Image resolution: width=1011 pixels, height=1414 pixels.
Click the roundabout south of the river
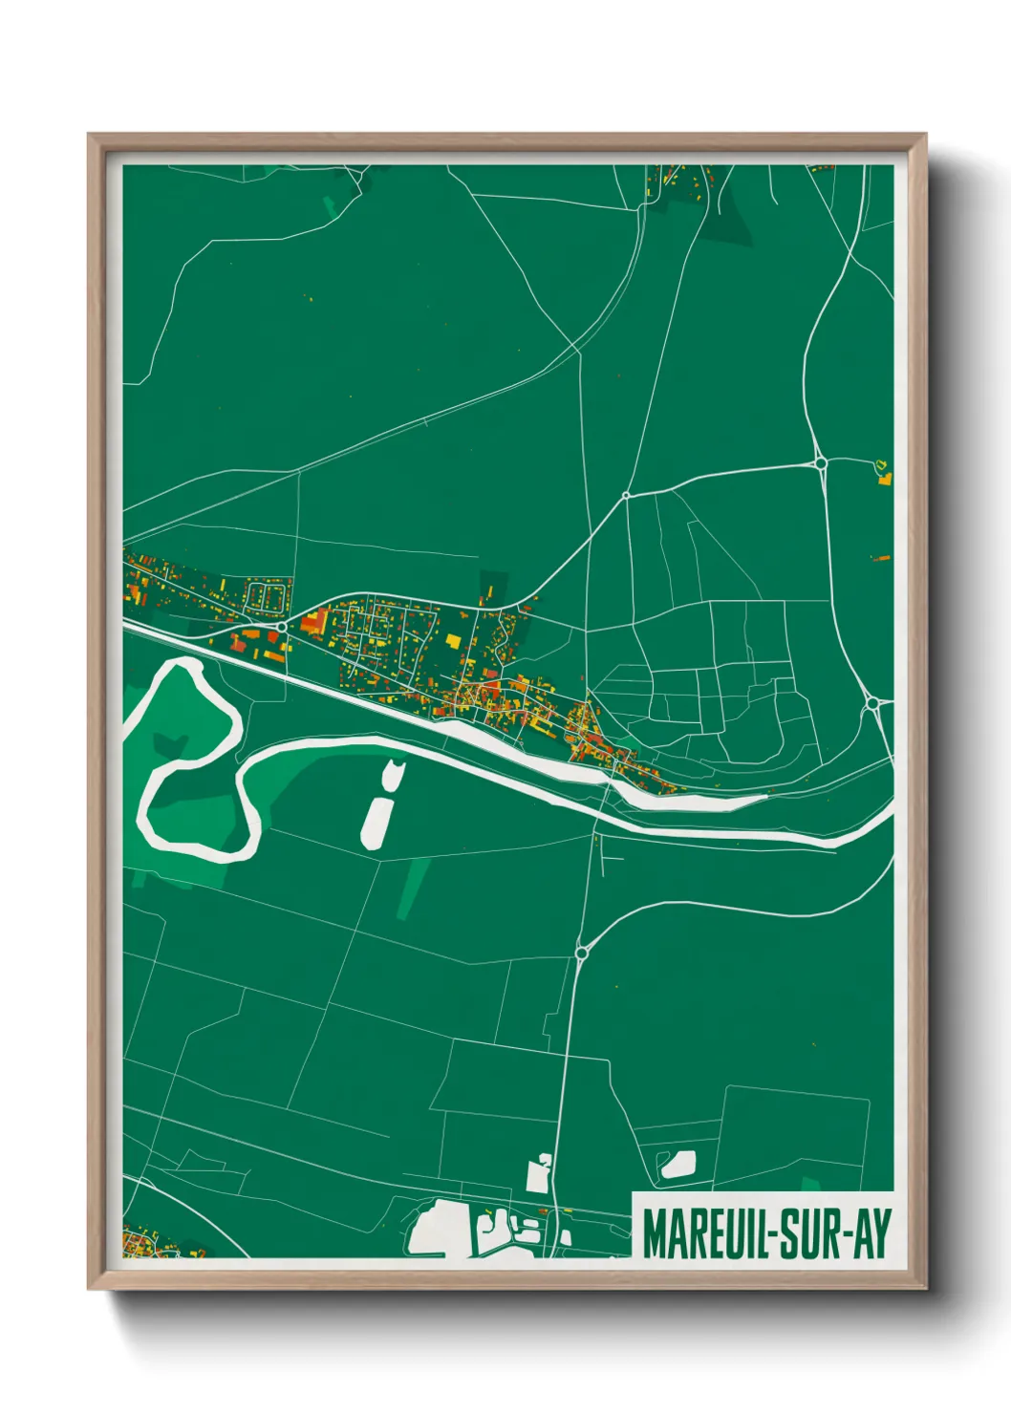(x=582, y=953)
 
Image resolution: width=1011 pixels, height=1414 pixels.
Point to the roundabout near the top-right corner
(x=821, y=463)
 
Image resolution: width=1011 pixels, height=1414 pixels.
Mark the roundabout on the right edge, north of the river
(x=872, y=704)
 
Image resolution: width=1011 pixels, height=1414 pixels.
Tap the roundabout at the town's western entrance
(x=282, y=627)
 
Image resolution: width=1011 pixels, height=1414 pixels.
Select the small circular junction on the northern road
(x=626, y=495)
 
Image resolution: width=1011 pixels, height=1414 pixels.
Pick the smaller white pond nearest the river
(x=393, y=775)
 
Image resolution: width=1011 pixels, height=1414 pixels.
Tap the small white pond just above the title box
(x=678, y=1164)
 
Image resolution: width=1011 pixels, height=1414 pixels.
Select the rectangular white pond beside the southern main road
(x=538, y=1174)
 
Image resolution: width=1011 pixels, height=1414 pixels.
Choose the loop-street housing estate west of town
(x=267, y=597)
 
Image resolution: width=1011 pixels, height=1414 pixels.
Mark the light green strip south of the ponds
(x=413, y=888)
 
